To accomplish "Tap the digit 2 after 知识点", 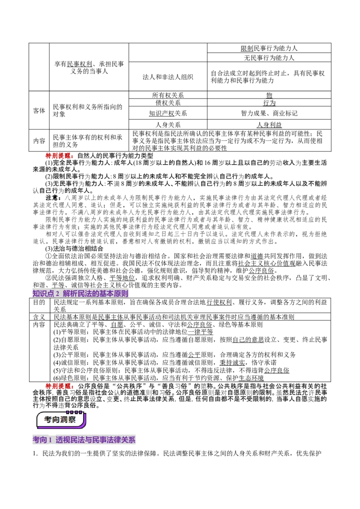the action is tap(58, 294).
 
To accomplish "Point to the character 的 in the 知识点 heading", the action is tap(95, 294).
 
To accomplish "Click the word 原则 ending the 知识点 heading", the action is tap(122, 294).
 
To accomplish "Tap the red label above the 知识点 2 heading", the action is tap(59, 156).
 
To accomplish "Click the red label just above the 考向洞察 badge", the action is tap(59, 386).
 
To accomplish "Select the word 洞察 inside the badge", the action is tap(68, 420).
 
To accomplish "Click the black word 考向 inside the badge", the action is tap(51, 420).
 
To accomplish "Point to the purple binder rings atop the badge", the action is tap(74, 412).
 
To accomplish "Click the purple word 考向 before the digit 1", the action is tap(40, 440).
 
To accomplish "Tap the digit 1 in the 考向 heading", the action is tap(50, 440).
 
